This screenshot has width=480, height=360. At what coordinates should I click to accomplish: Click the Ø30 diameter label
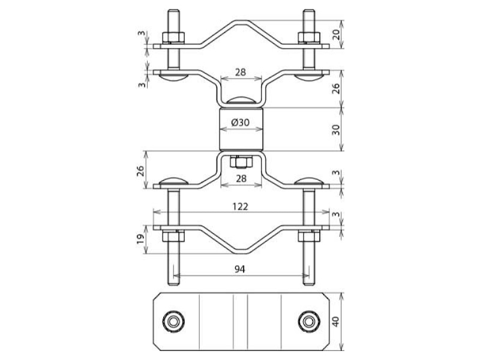[241, 122]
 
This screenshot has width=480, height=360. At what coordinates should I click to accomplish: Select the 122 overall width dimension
[240, 206]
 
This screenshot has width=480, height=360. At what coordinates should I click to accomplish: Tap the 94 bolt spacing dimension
[240, 269]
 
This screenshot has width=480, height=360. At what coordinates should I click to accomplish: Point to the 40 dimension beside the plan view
[336, 322]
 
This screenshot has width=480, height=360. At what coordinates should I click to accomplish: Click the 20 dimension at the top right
[336, 34]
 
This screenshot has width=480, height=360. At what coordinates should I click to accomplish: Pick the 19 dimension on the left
[140, 239]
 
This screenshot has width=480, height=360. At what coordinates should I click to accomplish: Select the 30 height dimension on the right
[336, 130]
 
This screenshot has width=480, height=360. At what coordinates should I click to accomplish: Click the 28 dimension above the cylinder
[241, 73]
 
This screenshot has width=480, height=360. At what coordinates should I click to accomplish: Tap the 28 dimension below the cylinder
[241, 178]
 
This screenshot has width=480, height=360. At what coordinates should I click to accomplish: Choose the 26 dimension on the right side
[336, 88]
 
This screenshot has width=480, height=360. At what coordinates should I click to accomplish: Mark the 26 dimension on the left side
[140, 171]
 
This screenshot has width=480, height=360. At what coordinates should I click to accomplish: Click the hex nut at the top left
[173, 37]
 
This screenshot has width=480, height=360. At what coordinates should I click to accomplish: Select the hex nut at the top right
[309, 37]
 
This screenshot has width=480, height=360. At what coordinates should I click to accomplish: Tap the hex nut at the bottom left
[173, 236]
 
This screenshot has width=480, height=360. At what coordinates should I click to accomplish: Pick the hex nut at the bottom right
[309, 236]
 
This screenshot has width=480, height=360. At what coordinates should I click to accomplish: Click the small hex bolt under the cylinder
[241, 162]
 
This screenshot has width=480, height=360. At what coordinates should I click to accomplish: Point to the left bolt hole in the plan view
[173, 321]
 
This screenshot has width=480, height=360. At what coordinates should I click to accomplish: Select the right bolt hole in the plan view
[309, 321]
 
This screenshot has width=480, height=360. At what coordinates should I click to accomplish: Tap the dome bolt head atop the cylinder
[241, 101]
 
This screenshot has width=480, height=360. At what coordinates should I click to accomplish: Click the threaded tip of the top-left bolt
[173, 12]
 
